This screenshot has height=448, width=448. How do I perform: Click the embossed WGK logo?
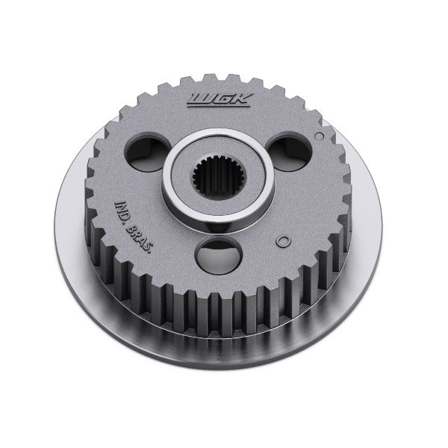tap(220, 100)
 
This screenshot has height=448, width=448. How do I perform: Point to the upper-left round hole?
tap(149, 152)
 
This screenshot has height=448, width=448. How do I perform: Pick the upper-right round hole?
tap(288, 151)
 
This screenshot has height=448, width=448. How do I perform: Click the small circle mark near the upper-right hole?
tap(319, 137)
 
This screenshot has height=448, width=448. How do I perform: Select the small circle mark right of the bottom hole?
tap(283, 241)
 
